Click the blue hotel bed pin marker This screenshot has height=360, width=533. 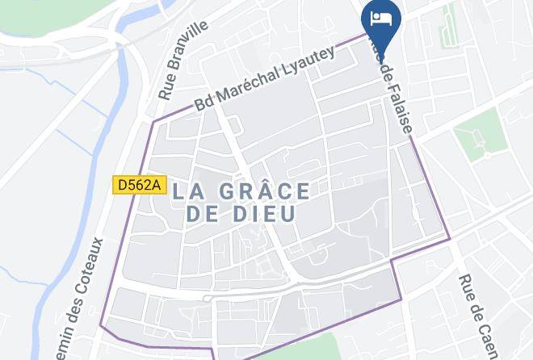pos(381,21)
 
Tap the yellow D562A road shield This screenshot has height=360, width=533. pos(139,186)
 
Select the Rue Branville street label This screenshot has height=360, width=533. pos(183,61)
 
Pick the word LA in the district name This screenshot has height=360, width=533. pos(187,192)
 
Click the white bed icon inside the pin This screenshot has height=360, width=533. pos(381,16)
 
